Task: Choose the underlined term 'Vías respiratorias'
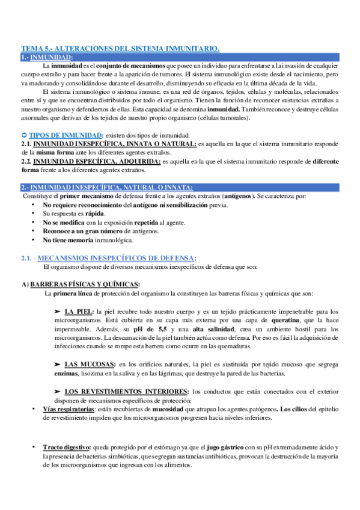68,408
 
